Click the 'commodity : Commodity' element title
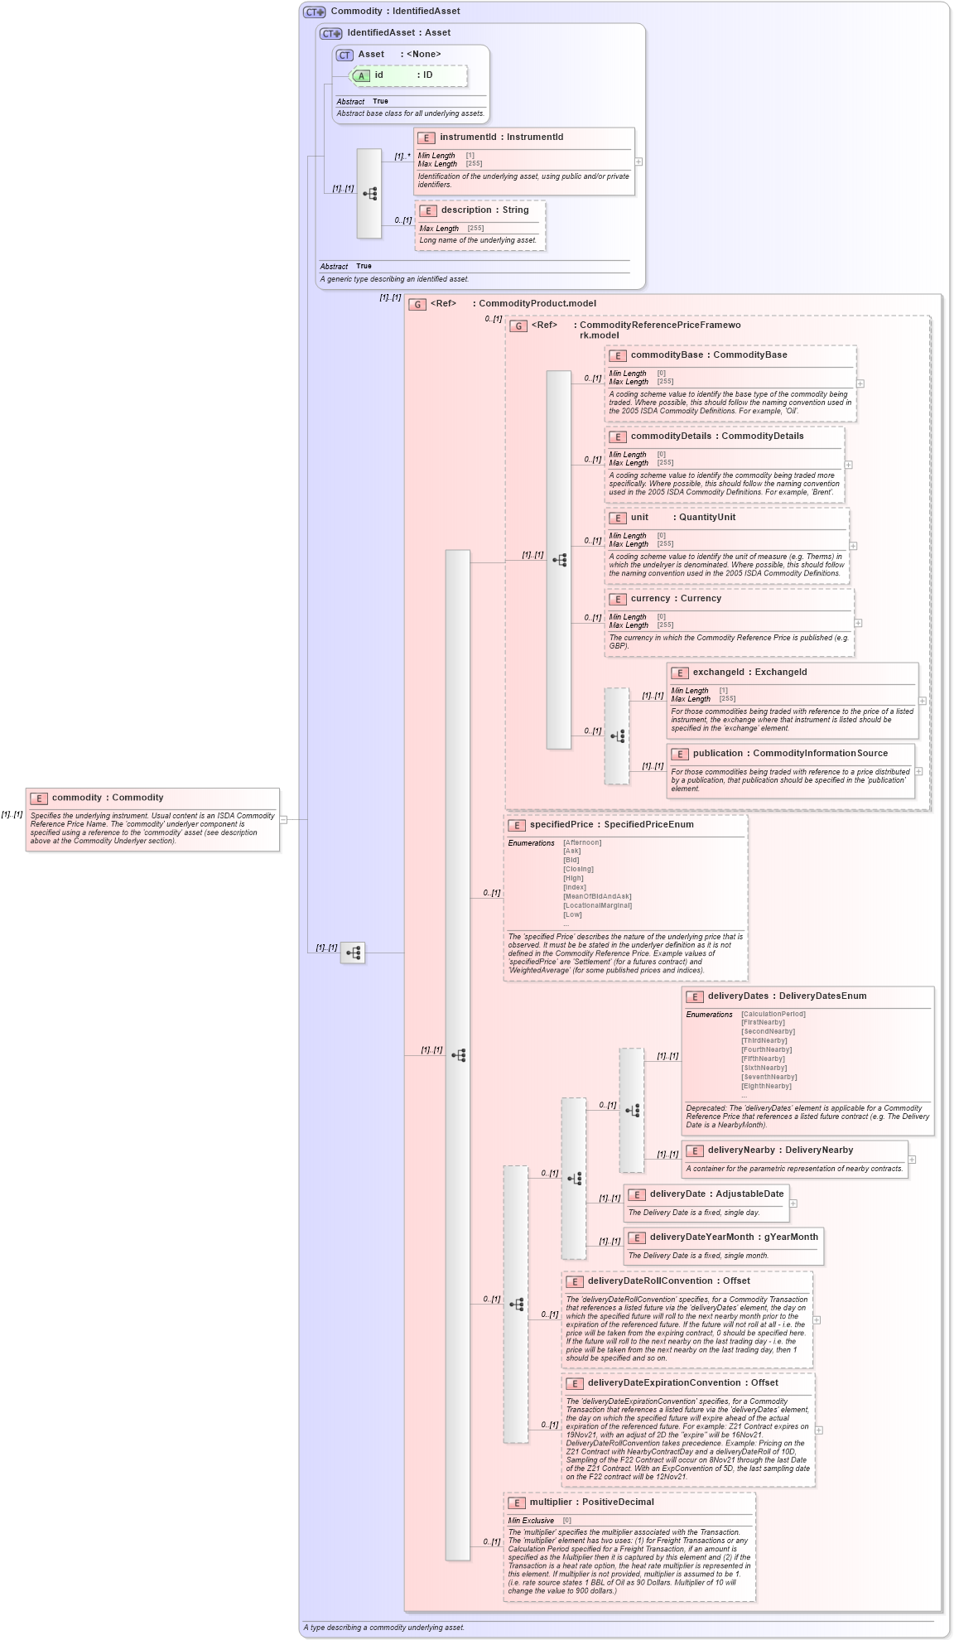click(107, 798)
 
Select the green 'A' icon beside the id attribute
click(361, 75)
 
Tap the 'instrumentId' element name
click(468, 137)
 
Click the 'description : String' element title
click(484, 210)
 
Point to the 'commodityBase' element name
click(667, 355)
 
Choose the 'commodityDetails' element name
click(671, 437)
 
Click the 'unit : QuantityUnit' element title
click(682, 518)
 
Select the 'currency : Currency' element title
click(675, 599)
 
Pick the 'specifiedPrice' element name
click(561, 825)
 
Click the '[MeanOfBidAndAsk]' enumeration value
click(597, 896)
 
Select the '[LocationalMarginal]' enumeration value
click(597, 905)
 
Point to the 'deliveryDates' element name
click(738, 996)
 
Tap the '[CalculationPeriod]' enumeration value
click(773, 1014)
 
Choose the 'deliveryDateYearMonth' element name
click(701, 1237)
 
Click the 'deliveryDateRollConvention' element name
click(650, 1281)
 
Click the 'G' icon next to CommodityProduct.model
click(417, 304)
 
